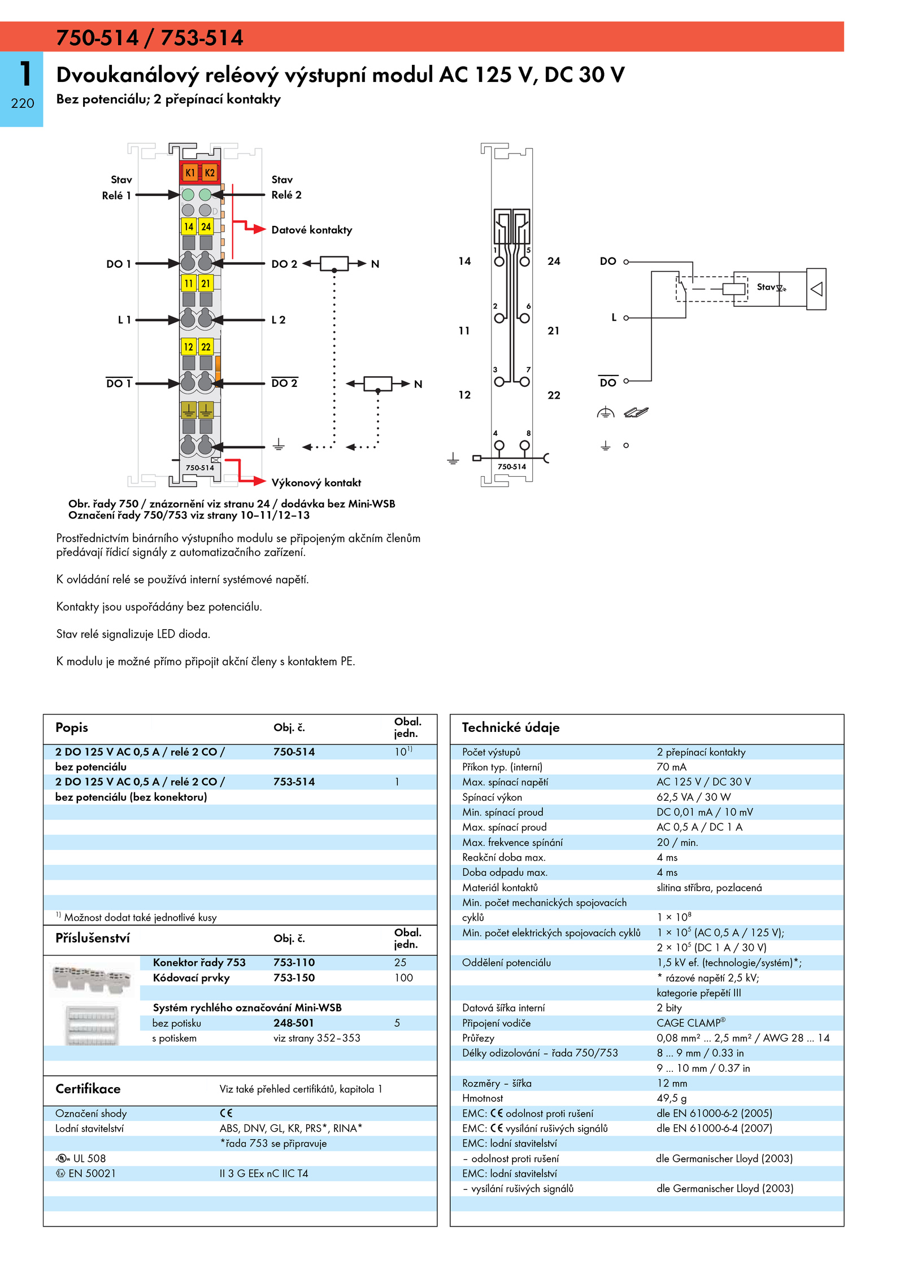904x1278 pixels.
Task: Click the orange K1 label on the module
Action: tap(190, 173)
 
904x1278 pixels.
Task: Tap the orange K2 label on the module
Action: tap(210, 173)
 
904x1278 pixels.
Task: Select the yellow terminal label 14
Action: tap(189, 226)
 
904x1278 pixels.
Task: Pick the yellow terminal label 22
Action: tap(206, 347)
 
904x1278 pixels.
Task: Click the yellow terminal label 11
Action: tap(189, 283)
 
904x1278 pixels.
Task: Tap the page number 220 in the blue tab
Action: tap(23, 103)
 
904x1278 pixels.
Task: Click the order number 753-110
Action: tap(294, 962)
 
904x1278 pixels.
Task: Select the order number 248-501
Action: tap(293, 1023)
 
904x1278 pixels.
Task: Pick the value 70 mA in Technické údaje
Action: tap(671, 767)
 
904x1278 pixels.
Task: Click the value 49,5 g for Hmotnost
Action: tap(672, 1098)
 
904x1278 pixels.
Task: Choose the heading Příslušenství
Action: tap(93, 938)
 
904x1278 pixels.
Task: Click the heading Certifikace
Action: tap(88, 1089)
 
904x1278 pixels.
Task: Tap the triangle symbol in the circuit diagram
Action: tap(816, 289)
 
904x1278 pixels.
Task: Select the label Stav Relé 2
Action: tap(286, 187)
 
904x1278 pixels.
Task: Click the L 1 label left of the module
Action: tap(124, 320)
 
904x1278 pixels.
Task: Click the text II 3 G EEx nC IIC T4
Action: tap(264, 1174)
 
